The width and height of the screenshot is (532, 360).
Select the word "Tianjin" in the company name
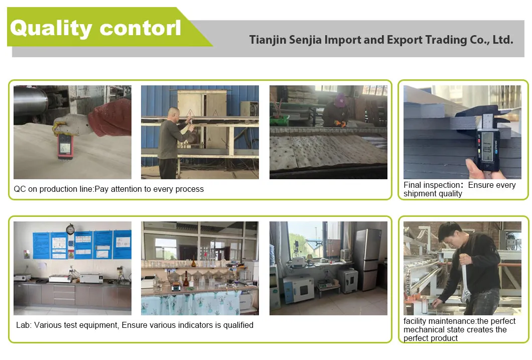pos(268,40)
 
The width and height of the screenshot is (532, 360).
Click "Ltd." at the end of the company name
pos(502,40)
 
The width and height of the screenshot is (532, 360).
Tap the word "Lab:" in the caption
pos(24,325)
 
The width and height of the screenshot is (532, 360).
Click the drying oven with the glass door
pos(298,289)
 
